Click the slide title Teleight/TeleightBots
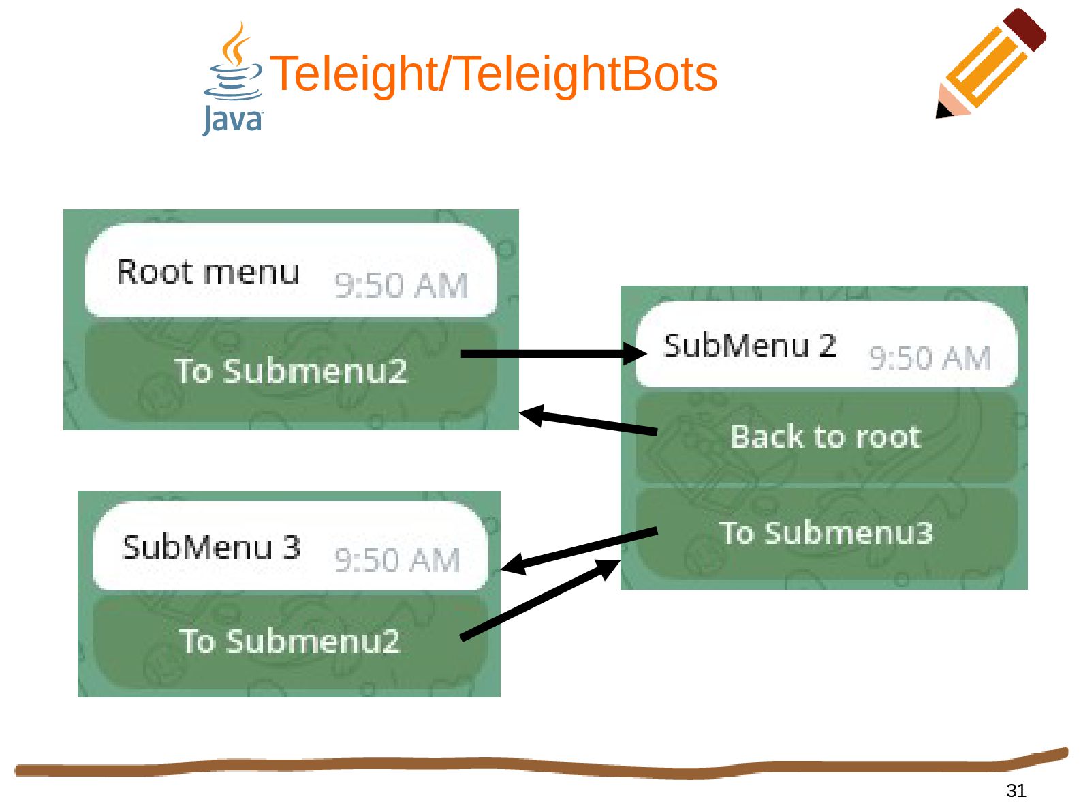494,74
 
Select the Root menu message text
208,272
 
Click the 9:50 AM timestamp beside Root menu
401,286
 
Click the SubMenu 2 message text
750,346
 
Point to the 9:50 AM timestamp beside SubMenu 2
930,358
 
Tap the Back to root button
825,437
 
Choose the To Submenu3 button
825,532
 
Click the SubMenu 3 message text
211,547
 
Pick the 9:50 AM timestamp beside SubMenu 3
396,560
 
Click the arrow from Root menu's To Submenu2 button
552,353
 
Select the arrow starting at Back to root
589,422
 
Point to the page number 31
1016,790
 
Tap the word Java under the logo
232,120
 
